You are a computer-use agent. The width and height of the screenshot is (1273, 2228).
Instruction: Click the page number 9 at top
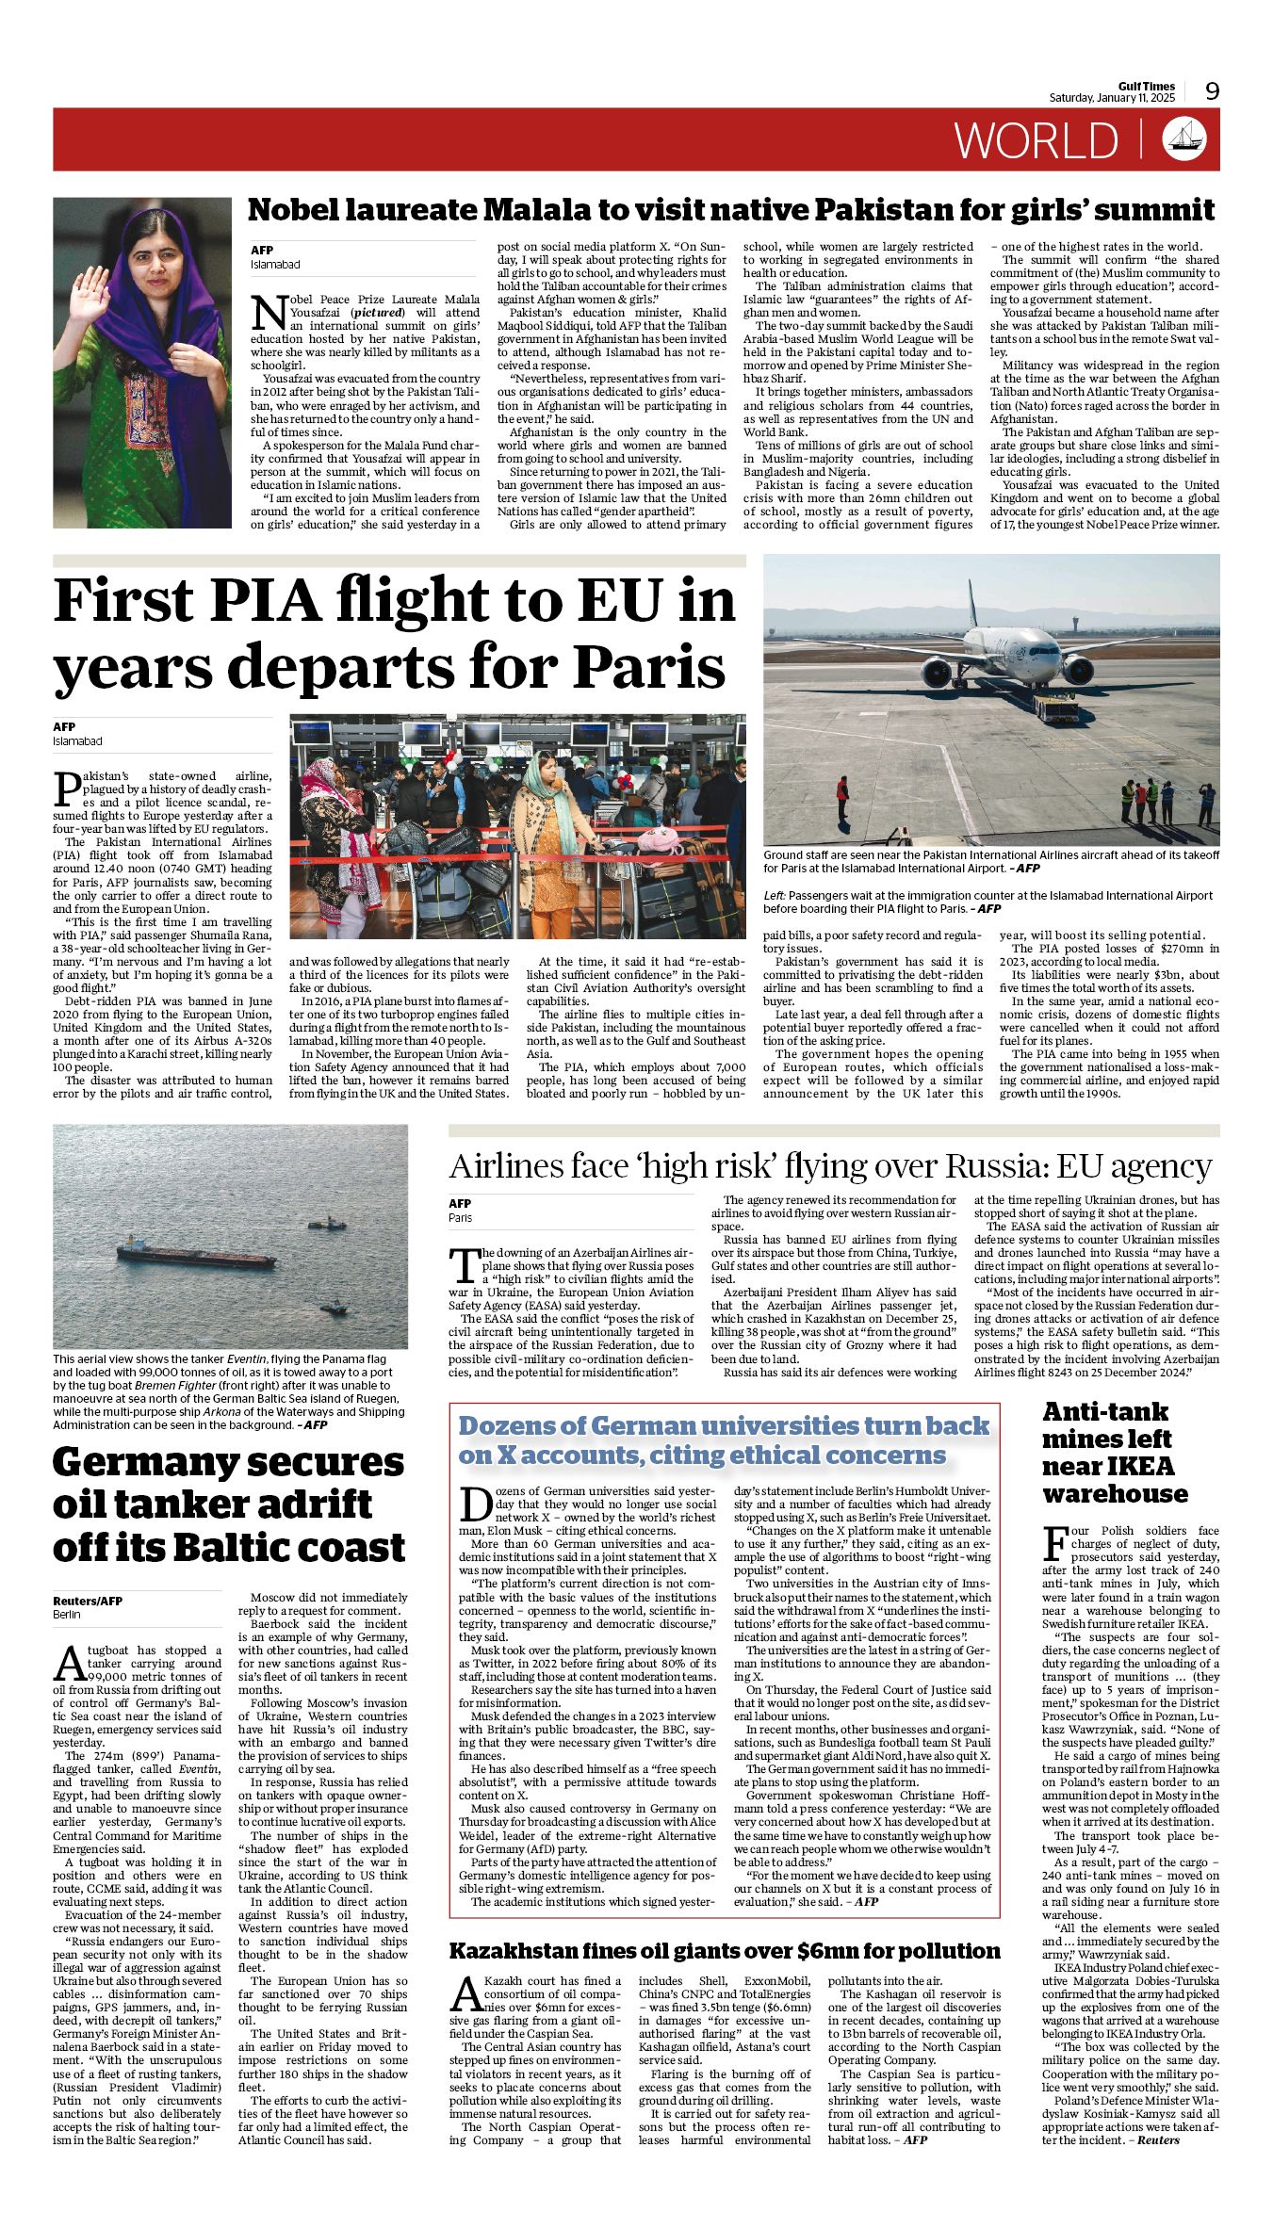click(1212, 90)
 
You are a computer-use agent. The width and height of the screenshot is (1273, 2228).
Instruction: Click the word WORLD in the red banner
click(1036, 140)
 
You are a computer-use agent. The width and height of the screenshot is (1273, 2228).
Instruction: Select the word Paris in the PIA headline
click(649, 666)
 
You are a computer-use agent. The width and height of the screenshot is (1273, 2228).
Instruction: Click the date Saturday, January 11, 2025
click(1112, 98)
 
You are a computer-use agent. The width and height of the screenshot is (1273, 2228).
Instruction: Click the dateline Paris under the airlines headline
click(461, 1218)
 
